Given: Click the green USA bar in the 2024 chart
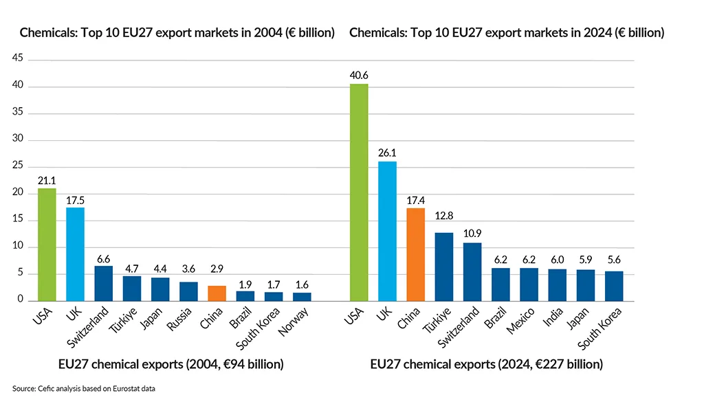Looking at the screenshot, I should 358,192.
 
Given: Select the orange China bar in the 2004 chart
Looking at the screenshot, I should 217,293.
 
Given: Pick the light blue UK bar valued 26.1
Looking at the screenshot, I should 386,231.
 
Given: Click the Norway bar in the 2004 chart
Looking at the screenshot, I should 302,297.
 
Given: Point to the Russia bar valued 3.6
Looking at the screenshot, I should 188,291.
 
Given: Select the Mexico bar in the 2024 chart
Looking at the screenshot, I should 529,284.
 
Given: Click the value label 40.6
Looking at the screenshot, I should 358,75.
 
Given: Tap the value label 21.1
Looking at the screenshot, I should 47,179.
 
